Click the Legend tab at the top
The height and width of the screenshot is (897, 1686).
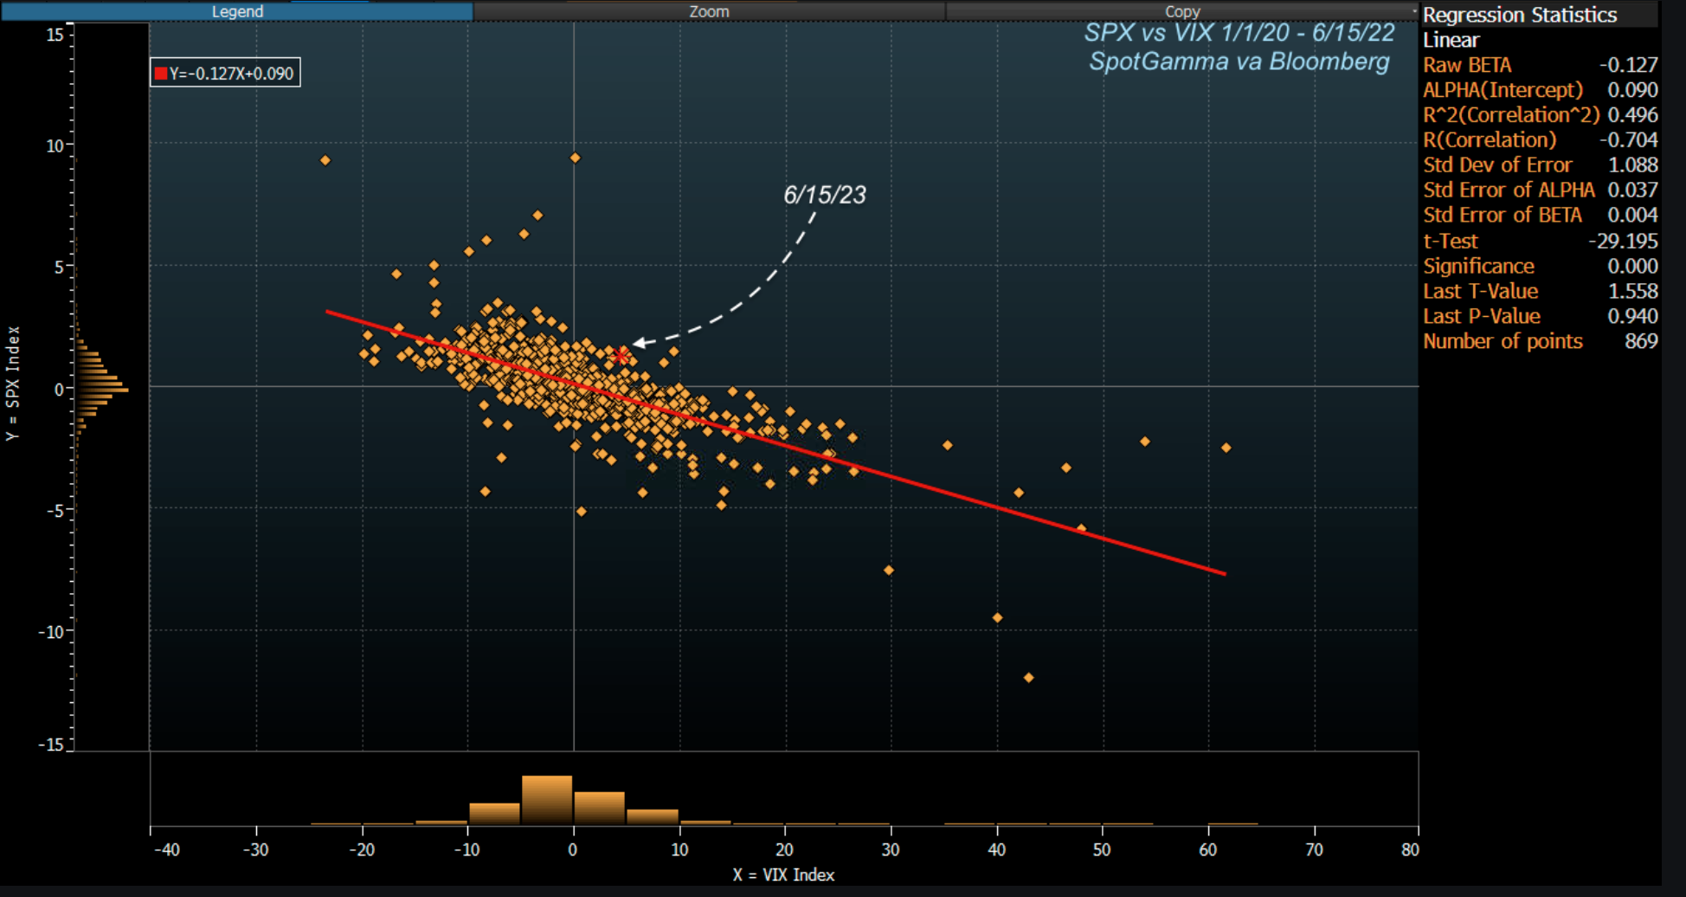click(x=237, y=11)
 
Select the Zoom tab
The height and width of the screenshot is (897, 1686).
click(x=709, y=11)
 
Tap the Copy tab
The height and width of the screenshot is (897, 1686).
click(x=1182, y=11)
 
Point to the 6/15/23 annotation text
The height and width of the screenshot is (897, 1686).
click(x=824, y=195)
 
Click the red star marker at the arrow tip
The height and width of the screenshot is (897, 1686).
click(x=621, y=355)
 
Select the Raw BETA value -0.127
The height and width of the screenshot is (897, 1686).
click(x=1628, y=65)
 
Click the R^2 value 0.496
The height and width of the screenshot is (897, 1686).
click(x=1632, y=115)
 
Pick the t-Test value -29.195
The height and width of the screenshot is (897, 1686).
click(x=1623, y=241)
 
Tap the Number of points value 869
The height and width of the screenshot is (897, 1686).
click(x=1641, y=341)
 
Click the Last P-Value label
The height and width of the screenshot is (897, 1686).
click(x=1482, y=316)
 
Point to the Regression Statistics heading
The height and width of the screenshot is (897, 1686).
click(x=1520, y=15)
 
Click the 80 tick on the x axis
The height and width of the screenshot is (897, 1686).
click(x=1410, y=849)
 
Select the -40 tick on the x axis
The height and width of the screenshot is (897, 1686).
click(x=167, y=849)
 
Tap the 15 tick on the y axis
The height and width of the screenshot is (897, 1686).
click(x=55, y=35)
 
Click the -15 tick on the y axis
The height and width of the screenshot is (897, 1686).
click(x=51, y=745)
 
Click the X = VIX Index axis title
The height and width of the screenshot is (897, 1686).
click(x=783, y=874)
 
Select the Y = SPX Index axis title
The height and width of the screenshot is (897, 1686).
click(x=12, y=383)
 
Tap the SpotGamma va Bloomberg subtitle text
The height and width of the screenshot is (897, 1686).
click(x=1239, y=61)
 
